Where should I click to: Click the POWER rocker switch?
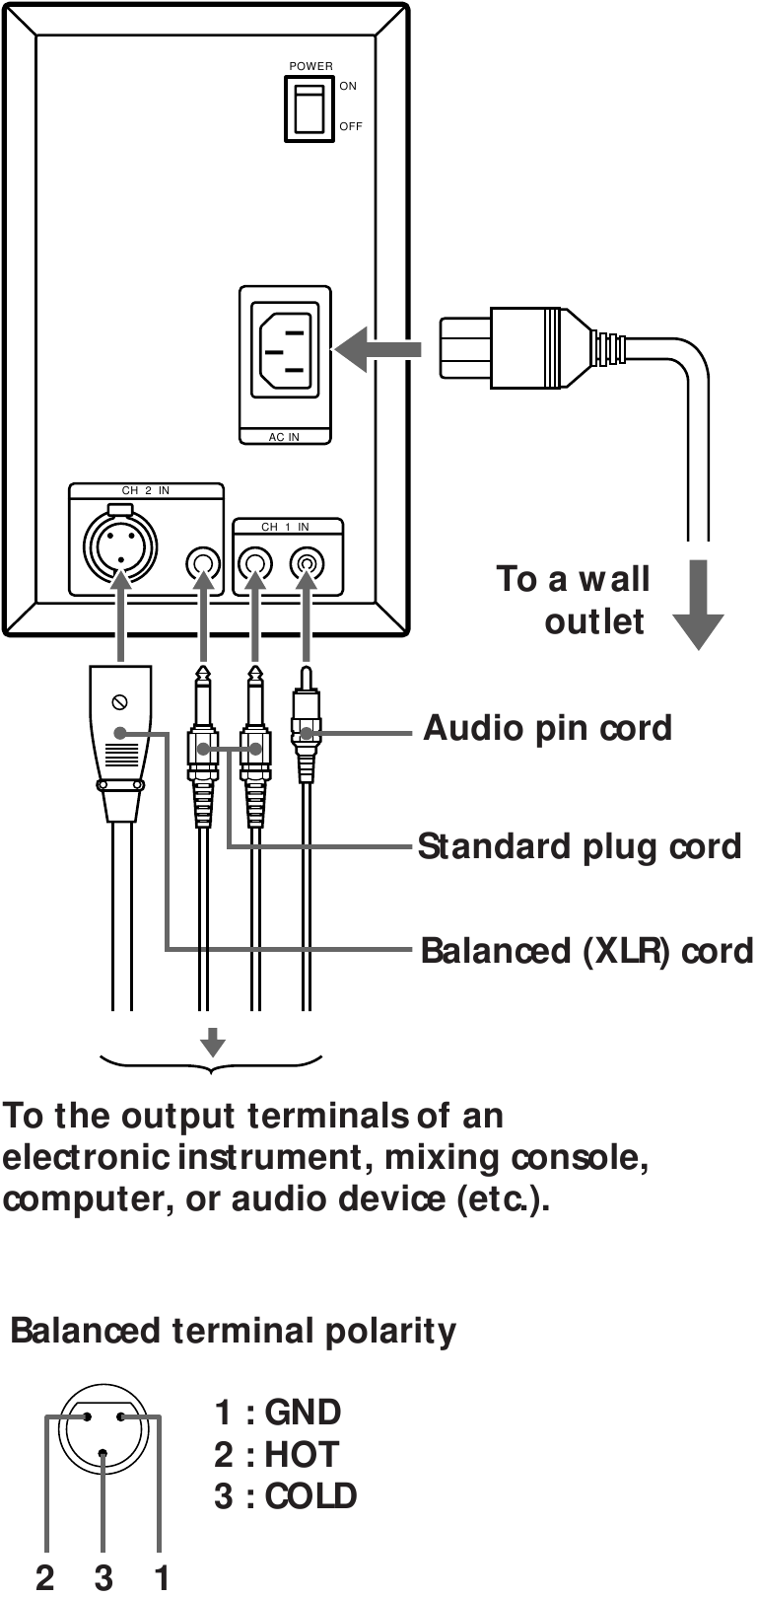[310, 108]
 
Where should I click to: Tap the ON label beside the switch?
[348, 87]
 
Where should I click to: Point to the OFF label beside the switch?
[351, 126]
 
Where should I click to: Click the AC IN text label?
[284, 437]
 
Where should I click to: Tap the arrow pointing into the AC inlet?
[378, 348]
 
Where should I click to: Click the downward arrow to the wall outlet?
[698, 603]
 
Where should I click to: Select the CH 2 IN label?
[146, 490]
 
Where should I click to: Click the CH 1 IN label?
[285, 527]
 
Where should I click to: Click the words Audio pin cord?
[547, 728]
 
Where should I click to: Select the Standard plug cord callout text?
[579, 846]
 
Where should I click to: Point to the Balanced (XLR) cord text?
[585, 951]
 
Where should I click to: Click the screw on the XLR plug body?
[120, 701]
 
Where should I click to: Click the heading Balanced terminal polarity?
[234, 1331]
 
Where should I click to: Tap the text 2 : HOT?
[276, 1454]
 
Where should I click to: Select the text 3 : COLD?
[286, 1495]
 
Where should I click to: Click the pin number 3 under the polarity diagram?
[103, 1577]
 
